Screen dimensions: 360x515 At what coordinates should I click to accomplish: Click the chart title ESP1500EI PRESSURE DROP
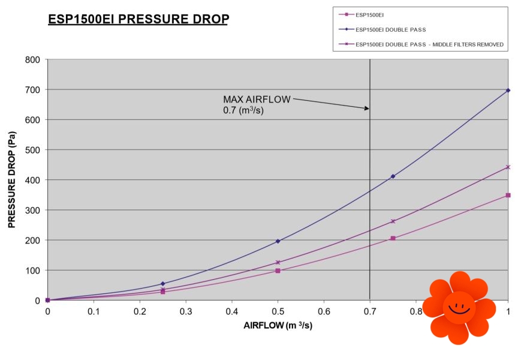coord(138,19)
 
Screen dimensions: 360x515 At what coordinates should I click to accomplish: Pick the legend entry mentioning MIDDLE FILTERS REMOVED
coord(429,44)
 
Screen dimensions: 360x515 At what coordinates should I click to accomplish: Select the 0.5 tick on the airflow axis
coord(278,312)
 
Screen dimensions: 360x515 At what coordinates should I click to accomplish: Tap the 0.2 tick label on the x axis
coord(140,312)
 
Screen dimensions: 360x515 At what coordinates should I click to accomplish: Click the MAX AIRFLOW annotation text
coord(257,104)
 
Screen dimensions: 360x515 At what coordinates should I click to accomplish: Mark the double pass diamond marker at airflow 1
coord(508,90)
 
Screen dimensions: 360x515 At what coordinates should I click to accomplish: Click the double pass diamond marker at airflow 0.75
coord(393,176)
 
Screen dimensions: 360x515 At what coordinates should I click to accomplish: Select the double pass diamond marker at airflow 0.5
coord(278,241)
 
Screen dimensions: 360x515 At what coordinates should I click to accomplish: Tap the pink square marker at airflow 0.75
coord(393,238)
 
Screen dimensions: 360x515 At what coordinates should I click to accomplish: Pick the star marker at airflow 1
coord(508,167)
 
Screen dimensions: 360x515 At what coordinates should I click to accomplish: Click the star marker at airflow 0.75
coord(393,221)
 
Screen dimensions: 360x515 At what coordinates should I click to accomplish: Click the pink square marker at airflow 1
coord(508,195)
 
